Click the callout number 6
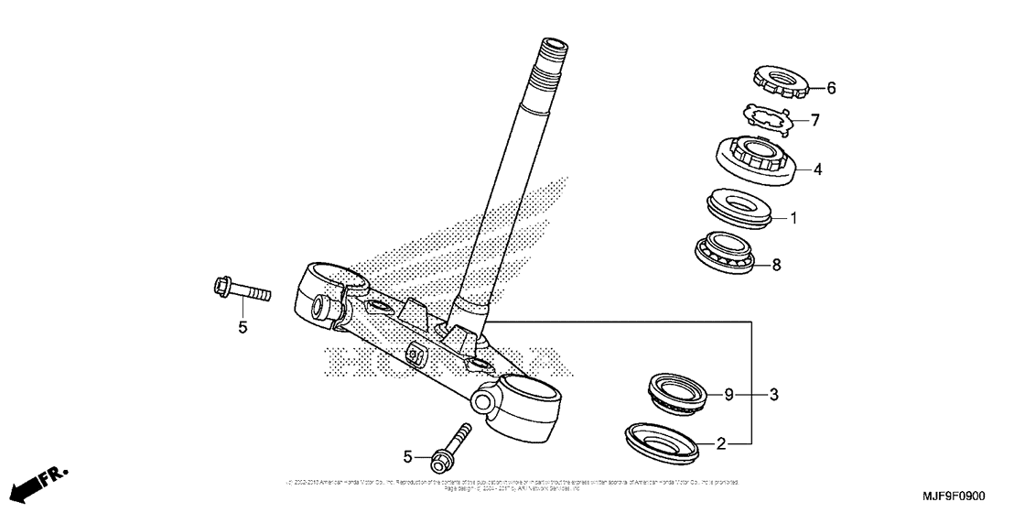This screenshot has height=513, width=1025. coord(831,89)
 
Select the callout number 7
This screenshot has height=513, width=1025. coord(815,119)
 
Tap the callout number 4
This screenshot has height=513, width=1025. coord(818,169)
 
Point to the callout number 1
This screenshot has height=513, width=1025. coord(793,218)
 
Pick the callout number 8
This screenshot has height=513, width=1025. coord(776,266)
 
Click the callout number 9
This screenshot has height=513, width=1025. coord(729,395)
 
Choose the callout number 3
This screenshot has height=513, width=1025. coord(773,395)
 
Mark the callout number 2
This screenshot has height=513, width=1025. coord(721,444)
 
